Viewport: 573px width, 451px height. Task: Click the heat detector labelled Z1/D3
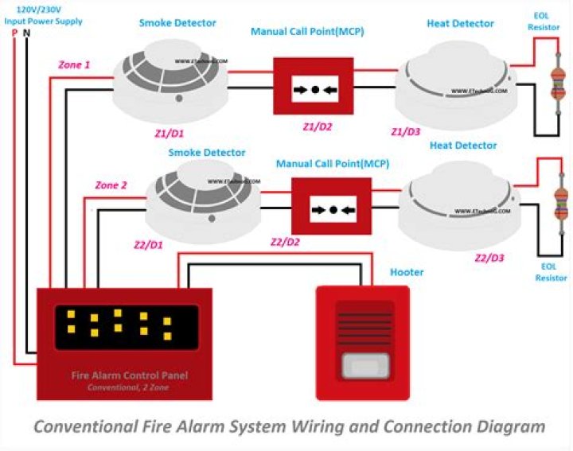pos(456,84)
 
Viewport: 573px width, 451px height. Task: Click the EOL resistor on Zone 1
pos(556,84)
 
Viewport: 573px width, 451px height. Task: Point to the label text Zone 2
pos(111,185)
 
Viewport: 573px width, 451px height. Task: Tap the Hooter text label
pos(406,272)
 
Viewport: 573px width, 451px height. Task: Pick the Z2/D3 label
pos(489,258)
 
